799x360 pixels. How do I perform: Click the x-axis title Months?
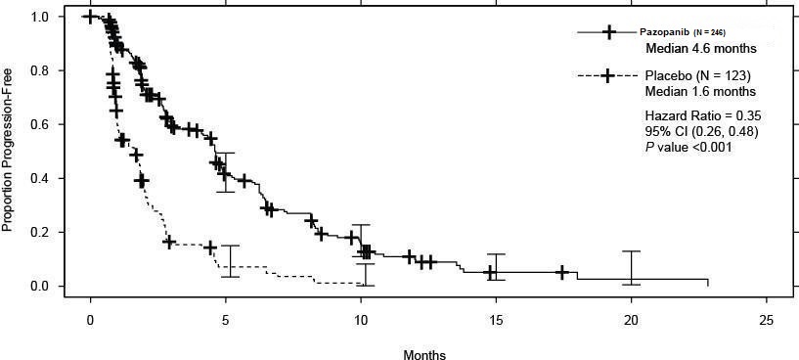(x=424, y=355)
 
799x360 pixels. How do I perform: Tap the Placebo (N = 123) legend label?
(x=699, y=75)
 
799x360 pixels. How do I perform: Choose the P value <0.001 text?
(x=689, y=147)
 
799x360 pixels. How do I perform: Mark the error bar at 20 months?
(x=632, y=267)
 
